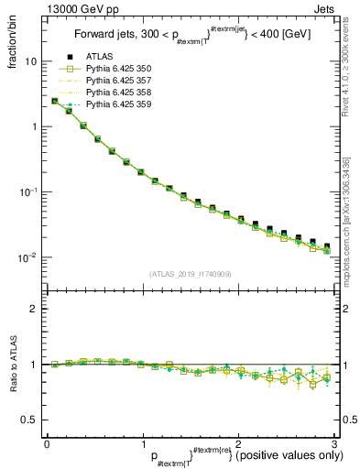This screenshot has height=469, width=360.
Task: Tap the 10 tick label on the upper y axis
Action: (x=30, y=61)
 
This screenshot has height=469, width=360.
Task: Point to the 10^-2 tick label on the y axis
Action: (x=27, y=257)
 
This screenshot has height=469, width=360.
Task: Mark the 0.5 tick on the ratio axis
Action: (x=30, y=420)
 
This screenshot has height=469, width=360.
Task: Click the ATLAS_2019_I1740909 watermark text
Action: (x=188, y=275)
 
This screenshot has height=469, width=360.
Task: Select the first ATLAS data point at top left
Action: (x=55, y=101)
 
